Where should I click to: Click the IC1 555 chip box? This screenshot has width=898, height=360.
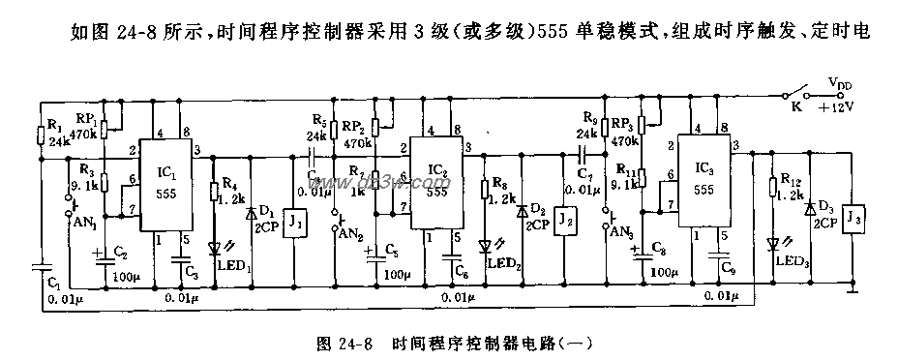(x=167, y=184)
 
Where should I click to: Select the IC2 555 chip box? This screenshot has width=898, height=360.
(x=435, y=184)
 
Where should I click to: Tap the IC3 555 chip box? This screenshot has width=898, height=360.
(x=703, y=184)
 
